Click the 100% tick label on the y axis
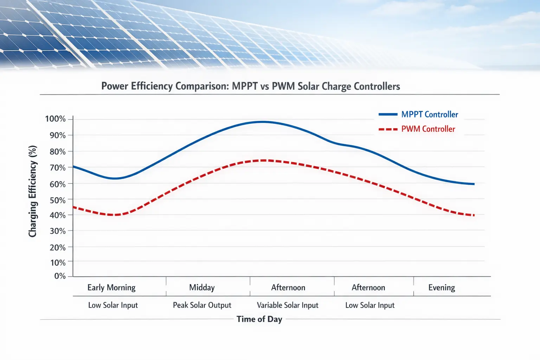[x=55, y=119]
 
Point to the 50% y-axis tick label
[x=57, y=200]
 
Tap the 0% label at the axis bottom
[x=60, y=276]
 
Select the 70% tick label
[x=57, y=168]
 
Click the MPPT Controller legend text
[x=430, y=115]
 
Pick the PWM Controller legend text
[x=428, y=129]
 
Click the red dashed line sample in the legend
[x=388, y=129]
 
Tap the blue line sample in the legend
[x=388, y=115]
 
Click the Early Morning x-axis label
[x=111, y=288]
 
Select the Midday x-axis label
[x=202, y=288]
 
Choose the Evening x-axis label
[x=442, y=288]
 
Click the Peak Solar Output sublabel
[x=202, y=305]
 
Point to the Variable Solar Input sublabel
[x=288, y=305]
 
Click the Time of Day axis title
[x=259, y=319]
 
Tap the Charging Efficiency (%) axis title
[x=33, y=191]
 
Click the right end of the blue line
[x=474, y=184]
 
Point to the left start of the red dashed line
[x=73, y=207]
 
